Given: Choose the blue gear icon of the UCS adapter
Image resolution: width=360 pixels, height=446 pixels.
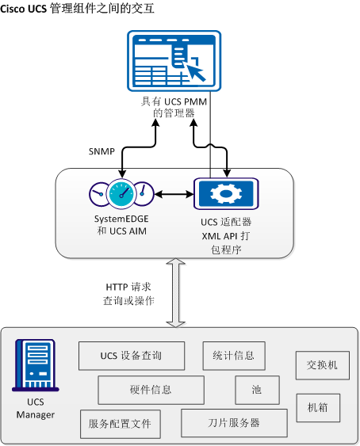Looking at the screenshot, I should tap(224, 193).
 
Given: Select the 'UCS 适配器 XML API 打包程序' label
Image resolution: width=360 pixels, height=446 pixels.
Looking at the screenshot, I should tap(225, 234).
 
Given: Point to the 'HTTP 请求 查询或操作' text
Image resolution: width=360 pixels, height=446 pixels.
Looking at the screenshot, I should tap(130, 294).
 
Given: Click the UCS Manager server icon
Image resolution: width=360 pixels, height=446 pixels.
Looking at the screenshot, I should tap(34, 365).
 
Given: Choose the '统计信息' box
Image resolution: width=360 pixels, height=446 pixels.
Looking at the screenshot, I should tap(233, 356).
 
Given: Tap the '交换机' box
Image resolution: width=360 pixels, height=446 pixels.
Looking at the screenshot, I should tap(322, 365).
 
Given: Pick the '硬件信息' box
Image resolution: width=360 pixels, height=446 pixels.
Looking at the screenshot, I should tap(151, 390).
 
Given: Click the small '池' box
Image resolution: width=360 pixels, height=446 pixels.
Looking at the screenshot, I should tap(256, 390).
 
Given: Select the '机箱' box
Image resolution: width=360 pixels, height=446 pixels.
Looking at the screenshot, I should tap(318, 408).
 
